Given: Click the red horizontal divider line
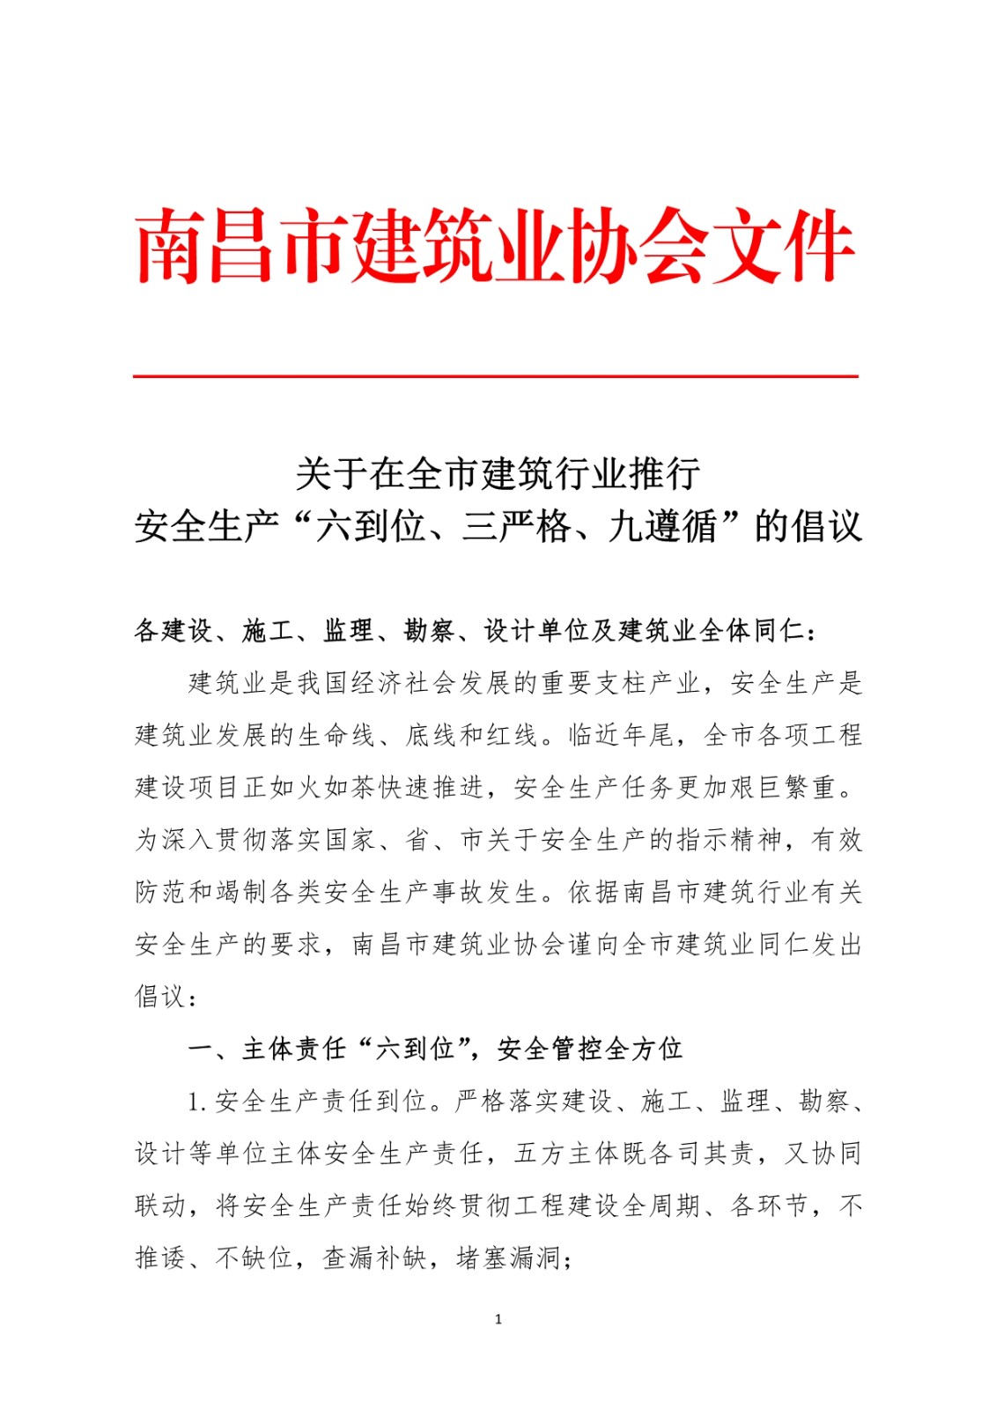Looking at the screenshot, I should coord(496,376).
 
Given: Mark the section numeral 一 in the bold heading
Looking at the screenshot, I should coord(201,1049).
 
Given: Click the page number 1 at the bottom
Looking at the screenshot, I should coord(498,1319).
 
